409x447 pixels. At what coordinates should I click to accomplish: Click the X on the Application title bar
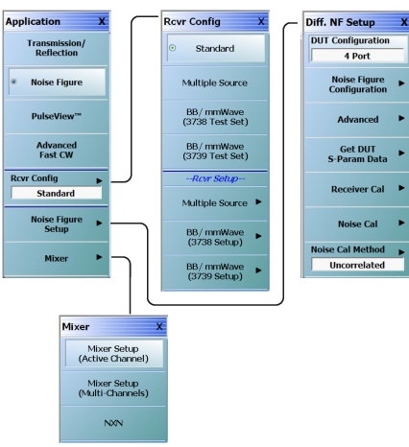point(102,21)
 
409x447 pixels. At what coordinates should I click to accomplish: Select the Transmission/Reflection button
point(57,48)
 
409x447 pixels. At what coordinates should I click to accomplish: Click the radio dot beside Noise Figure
point(13,82)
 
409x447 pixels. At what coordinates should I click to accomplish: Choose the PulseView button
point(57,116)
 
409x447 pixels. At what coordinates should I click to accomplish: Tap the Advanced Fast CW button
point(57,150)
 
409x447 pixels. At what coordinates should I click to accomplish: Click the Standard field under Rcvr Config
point(57,193)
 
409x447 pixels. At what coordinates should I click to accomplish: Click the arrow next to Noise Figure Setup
point(99,223)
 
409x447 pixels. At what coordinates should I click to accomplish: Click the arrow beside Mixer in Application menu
point(99,257)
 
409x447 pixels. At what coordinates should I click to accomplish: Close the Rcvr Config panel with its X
point(261,21)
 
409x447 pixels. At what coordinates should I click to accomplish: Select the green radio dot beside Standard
point(173,48)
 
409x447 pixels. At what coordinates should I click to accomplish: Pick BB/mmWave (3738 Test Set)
point(215,117)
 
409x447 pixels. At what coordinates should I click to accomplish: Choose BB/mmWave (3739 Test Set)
point(215,152)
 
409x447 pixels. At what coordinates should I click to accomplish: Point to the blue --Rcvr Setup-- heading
point(215,178)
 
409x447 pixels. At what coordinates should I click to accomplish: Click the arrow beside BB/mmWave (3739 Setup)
point(258,271)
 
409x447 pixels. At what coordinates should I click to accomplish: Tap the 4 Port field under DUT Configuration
point(357,56)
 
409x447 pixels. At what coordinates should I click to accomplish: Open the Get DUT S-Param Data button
point(357,154)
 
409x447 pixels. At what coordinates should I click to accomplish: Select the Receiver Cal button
point(357,189)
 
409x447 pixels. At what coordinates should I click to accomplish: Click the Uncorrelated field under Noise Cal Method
point(357,265)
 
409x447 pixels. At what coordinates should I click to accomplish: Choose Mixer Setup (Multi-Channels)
point(113,388)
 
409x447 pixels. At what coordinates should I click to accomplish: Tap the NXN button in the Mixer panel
point(113,423)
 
